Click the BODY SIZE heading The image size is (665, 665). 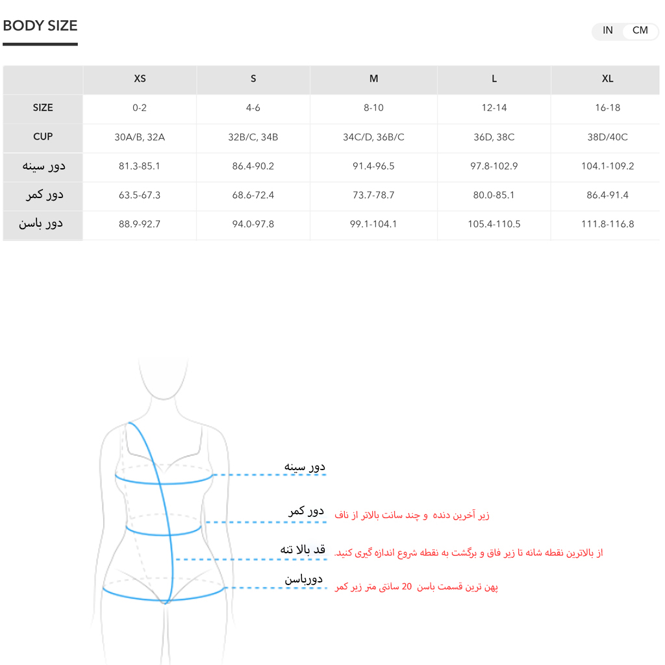(40, 26)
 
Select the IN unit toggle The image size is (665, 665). (607, 31)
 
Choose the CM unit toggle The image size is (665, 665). (640, 31)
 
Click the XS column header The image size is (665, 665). (140, 79)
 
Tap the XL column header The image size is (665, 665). (607, 79)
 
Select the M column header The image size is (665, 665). (373, 79)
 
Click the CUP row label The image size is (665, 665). (43, 137)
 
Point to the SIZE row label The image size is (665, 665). (43, 108)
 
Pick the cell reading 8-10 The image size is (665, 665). (373, 108)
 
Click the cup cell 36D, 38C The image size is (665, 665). (494, 137)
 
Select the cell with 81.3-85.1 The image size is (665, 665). (140, 166)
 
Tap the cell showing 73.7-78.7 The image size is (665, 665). (373, 195)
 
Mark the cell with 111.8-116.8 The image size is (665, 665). (607, 224)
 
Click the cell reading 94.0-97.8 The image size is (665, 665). (253, 224)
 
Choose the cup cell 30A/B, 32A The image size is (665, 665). (140, 137)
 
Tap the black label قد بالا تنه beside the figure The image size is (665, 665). (302, 549)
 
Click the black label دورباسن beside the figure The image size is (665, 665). (303, 579)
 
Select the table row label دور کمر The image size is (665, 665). (44, 195)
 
